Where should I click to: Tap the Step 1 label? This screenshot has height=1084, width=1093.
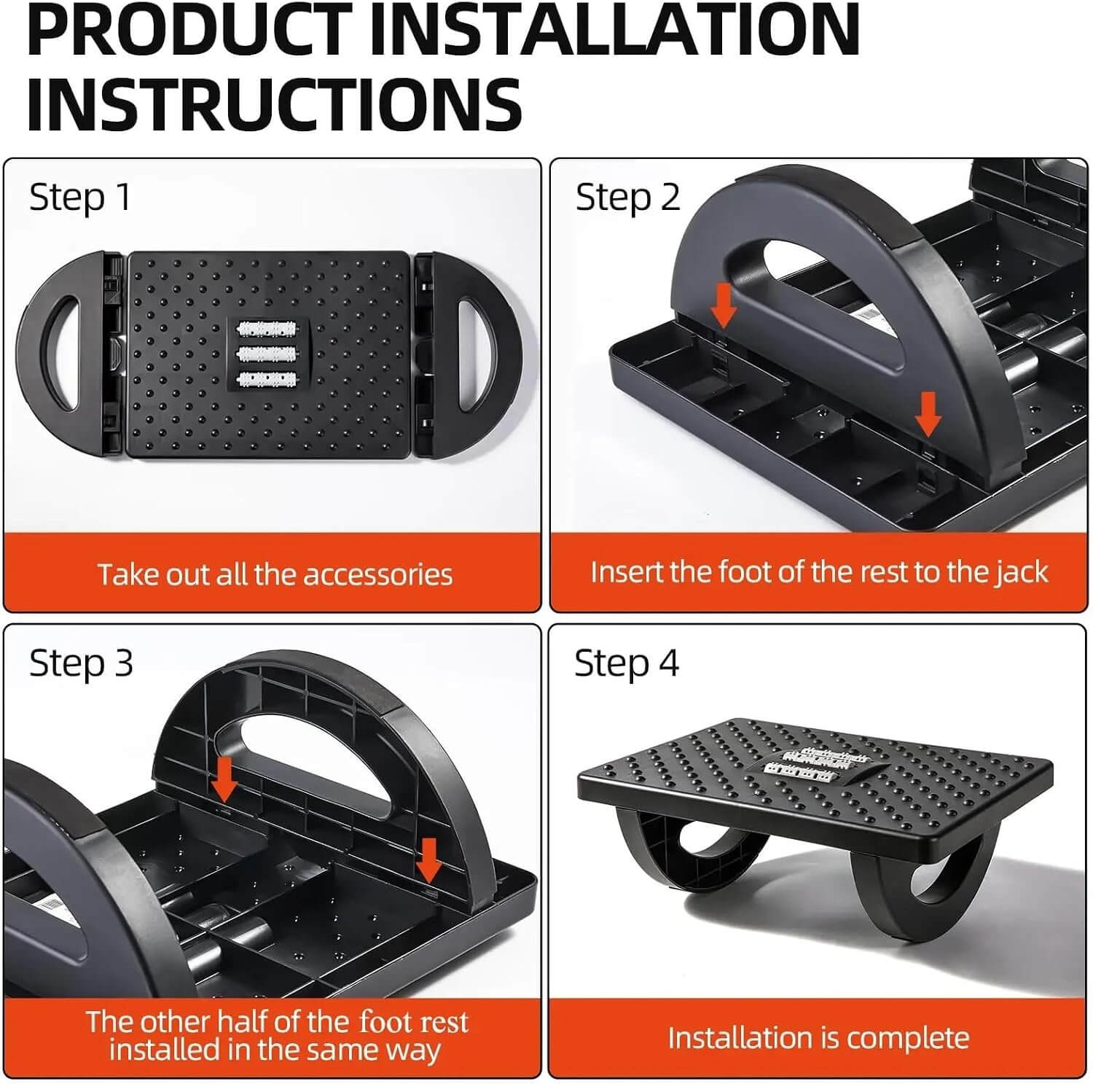coord(80,198)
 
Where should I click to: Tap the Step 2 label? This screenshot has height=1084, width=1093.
coord(627,198)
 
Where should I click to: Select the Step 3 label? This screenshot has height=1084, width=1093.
coord(81,663)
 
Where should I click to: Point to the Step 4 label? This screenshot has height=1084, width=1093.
coord(627,663)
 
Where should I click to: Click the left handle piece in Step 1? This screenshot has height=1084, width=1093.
coord(70,354)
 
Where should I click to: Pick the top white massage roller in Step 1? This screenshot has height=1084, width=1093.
coord(267,330)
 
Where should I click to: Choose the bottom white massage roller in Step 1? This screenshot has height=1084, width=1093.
coord(267,379)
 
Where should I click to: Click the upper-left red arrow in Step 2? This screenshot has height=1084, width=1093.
coord(724,305)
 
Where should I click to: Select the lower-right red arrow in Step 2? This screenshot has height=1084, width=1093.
coord(928,413)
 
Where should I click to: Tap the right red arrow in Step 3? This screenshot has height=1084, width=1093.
coord(429,860)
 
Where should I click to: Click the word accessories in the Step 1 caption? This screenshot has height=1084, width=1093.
coord(378,575)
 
